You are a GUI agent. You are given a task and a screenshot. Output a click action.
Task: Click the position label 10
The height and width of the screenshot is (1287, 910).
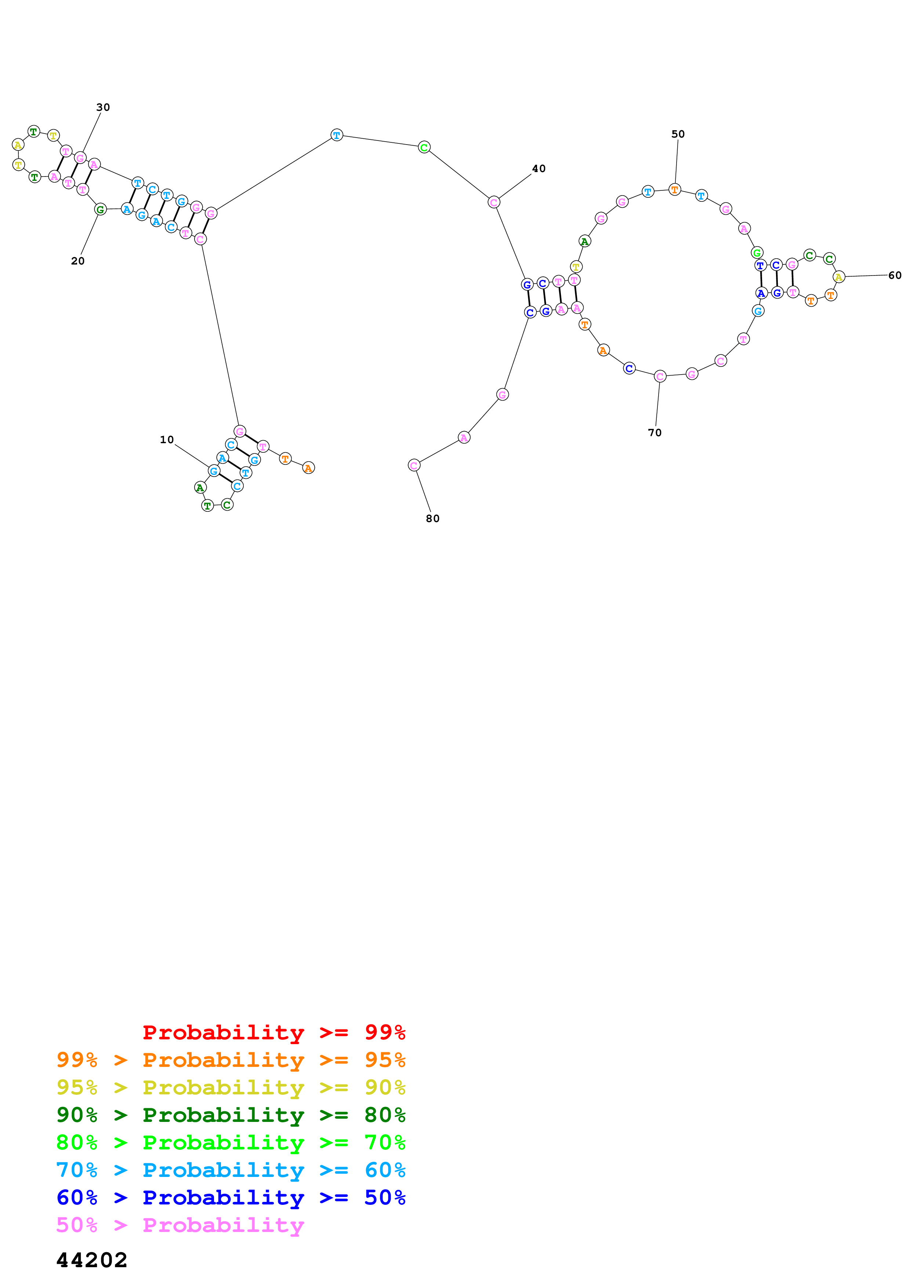[167, 440]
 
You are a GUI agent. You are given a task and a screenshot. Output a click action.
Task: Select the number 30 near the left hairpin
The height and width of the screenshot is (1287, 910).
[103, 107]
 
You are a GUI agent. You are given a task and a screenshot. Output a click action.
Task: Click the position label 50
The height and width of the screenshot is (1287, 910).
[678, 134]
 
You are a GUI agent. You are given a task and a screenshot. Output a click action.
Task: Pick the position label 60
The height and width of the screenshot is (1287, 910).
[895, 275]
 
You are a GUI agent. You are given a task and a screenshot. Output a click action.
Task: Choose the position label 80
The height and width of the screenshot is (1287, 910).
[433, 518]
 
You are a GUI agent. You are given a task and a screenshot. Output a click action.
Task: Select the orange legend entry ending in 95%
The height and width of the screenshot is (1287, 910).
[231, 1060]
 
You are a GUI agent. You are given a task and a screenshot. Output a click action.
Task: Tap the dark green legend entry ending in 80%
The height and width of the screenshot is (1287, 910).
[231, 1115]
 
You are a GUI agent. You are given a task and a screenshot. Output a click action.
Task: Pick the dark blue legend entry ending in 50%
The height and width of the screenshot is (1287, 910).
[231, 1197]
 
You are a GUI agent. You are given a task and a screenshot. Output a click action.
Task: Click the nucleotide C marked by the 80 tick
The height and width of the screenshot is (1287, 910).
[414, 465]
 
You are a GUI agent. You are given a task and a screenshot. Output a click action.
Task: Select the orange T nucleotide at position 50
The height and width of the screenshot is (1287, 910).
[674, 190]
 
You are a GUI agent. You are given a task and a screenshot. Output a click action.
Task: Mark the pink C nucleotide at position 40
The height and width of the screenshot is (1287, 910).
[493, 203]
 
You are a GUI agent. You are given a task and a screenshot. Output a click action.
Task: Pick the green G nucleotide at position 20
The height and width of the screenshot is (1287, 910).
[100, 209]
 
